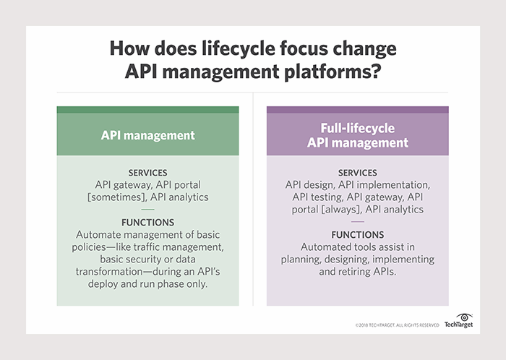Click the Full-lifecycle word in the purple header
pyautogui.click(x=357, y=128)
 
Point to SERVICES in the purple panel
pyautogui.click(x=357, y=173)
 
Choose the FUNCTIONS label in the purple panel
pyautogui.click(x=357, y=235)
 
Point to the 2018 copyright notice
pyautogui.click(x=397, y=325)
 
